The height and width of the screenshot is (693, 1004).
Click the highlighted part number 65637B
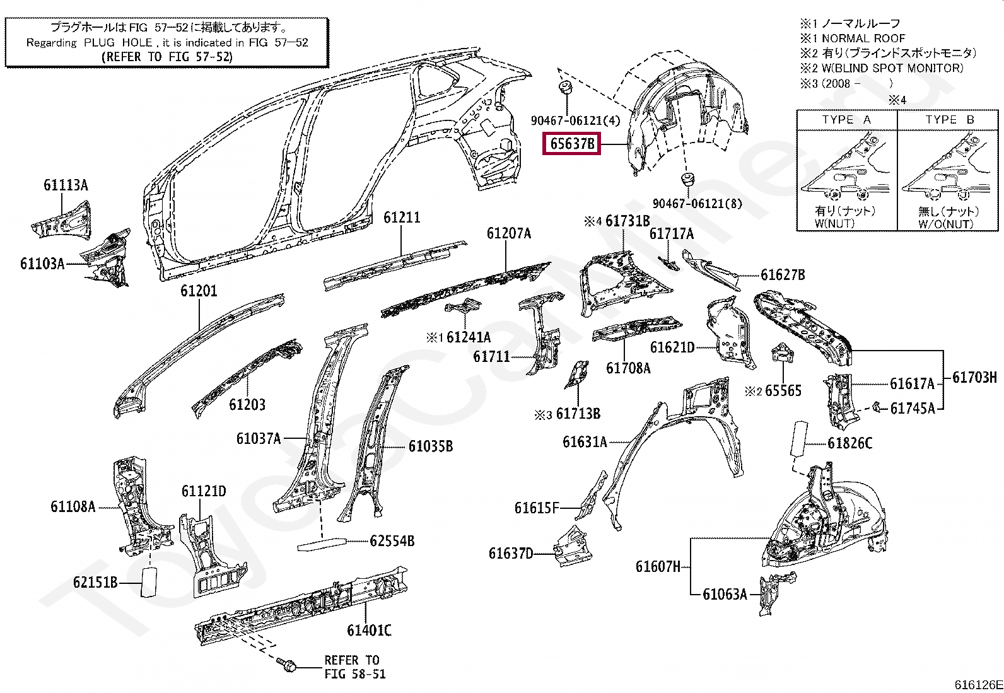point(571,143)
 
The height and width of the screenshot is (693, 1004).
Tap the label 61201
point(199,291)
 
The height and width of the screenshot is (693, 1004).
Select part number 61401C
point(369,630)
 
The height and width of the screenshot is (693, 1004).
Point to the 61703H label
point(974,378)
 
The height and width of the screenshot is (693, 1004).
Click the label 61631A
point(585,442)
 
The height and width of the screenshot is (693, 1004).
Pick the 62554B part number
point(392,541)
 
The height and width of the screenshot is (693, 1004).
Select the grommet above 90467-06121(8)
point(686,179)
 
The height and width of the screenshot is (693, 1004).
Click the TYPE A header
point(846,120)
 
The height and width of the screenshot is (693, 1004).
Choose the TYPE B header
point(950,120)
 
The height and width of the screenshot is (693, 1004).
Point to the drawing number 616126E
point(978,684)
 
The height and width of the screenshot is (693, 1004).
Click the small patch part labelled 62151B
point(149,581)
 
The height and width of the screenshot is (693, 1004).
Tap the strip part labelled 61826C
point(798,438)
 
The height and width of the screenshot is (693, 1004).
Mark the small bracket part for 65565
point(783,352)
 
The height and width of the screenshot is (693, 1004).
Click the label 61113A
point(66,185)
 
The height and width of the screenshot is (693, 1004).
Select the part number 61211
point(402,218)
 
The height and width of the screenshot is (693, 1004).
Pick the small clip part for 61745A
point(878,407)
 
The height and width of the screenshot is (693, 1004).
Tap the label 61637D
point(511,554)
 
